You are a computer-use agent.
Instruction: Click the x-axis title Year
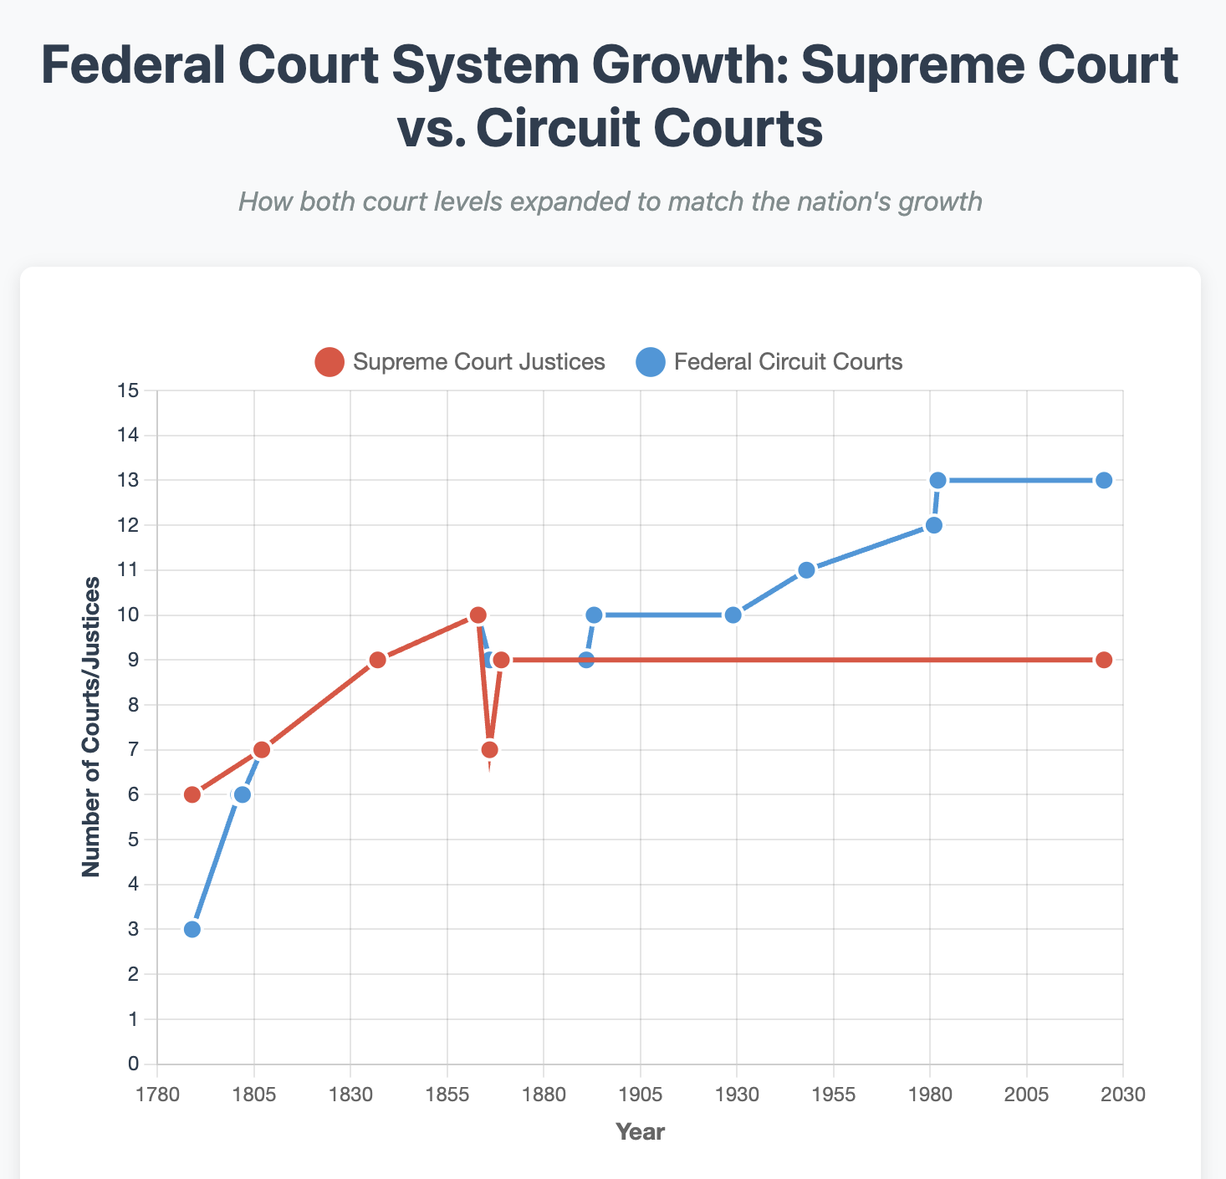click(640, 1132)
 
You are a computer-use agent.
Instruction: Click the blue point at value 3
click(192, 929)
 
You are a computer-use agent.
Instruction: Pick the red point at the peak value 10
click(478, 615)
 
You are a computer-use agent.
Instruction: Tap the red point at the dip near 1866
click(489, 749)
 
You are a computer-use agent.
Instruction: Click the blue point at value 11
click(806, 570)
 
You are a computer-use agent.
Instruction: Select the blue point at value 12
click(934, 525)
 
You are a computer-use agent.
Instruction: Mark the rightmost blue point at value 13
click(1104, 480)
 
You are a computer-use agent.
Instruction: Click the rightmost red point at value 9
click(1104, 660)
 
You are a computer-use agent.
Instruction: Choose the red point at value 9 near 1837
click(377, 660)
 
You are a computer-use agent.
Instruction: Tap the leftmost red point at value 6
click(192, 794)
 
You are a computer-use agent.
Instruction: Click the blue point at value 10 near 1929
click(733, 615)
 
